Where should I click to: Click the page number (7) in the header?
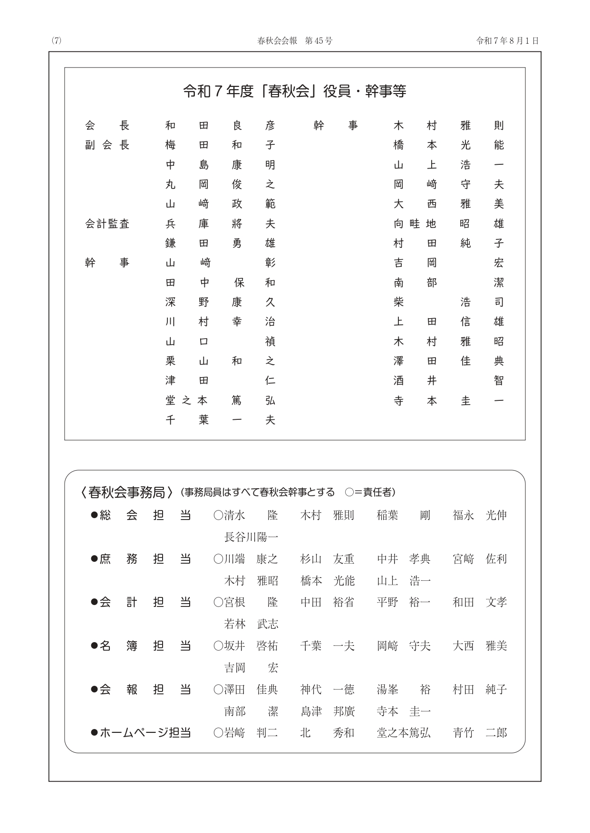click(57, 41)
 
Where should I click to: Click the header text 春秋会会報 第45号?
click(295, 41)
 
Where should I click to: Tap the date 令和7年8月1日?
click(507, 41)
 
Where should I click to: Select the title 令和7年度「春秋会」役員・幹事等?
click(295, 91)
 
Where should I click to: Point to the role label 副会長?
click(107, 145)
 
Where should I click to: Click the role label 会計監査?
click(107, 224)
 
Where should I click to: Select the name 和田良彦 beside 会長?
click(220, 126)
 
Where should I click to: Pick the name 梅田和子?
click(220, 145)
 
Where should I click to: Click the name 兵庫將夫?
click(220, 224)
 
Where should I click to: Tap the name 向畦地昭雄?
click(448, 224)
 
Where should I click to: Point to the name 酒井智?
click(448, 381)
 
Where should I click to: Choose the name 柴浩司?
click(448, 302)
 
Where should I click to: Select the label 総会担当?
click(145, 515)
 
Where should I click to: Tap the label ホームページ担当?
click(145, 733)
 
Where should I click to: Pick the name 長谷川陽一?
click(251, 537)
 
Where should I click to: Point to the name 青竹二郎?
click(480, 733)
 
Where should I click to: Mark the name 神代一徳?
click(328, 690)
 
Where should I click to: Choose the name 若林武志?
click(251, 624)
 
